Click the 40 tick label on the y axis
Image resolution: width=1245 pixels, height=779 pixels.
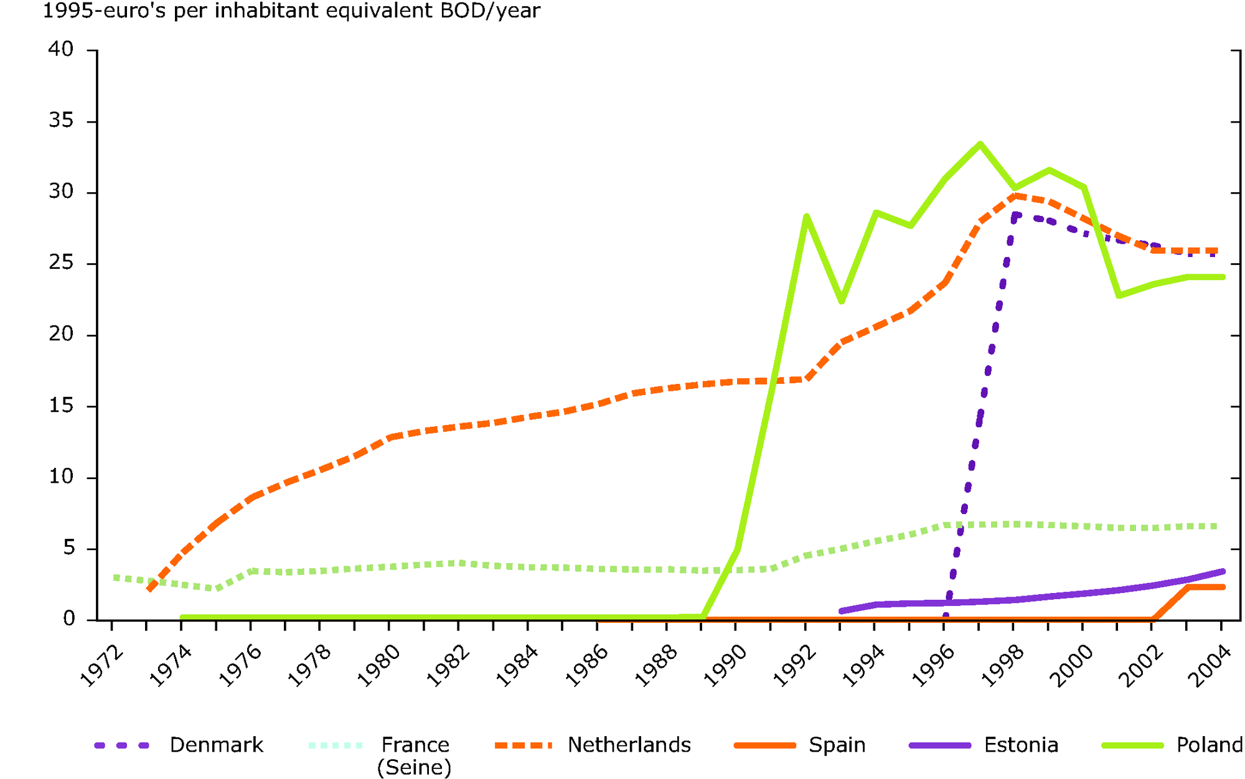[61, 49]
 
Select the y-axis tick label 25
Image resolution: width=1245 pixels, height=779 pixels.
[61, 263]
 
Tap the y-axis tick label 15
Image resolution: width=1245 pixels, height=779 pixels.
[61, 406]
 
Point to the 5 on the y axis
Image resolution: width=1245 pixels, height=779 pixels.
[68, 548]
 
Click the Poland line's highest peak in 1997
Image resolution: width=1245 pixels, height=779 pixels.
[979, 144]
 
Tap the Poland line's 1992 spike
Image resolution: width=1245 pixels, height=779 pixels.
[806, 216]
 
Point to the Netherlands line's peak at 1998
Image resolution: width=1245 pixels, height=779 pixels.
[1015, 195]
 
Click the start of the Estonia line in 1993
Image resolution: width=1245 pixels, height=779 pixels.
[841, 611]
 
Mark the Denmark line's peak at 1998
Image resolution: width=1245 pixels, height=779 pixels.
[1015, 215]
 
